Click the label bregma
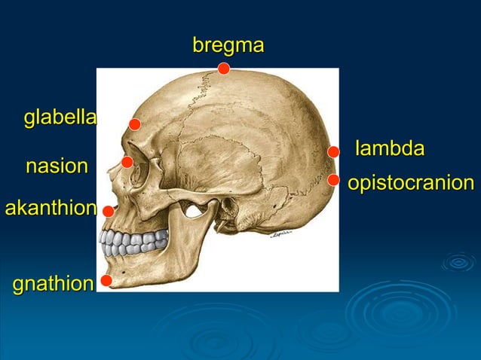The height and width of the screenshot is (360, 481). (228, 46)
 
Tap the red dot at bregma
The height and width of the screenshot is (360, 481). (223, 69)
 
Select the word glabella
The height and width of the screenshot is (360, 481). (60, 117)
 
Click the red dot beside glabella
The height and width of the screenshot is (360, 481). (134, 124)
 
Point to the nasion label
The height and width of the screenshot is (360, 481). (57, 166)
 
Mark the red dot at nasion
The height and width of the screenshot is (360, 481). (127, 162)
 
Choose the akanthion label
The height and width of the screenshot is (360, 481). (51, 208)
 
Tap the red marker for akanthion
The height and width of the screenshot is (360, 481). (109, 212)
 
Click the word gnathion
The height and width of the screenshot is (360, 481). (53, 283)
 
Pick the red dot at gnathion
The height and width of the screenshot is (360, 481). (106, 281)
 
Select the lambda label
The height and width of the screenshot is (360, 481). (390, 148)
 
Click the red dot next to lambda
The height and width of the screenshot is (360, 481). (333, 152)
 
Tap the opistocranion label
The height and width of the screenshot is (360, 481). (411, 183)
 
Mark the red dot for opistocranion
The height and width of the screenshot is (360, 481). (333, 180)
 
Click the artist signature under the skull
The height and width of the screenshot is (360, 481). (284, 234)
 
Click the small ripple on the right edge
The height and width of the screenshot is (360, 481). (458, 262)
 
